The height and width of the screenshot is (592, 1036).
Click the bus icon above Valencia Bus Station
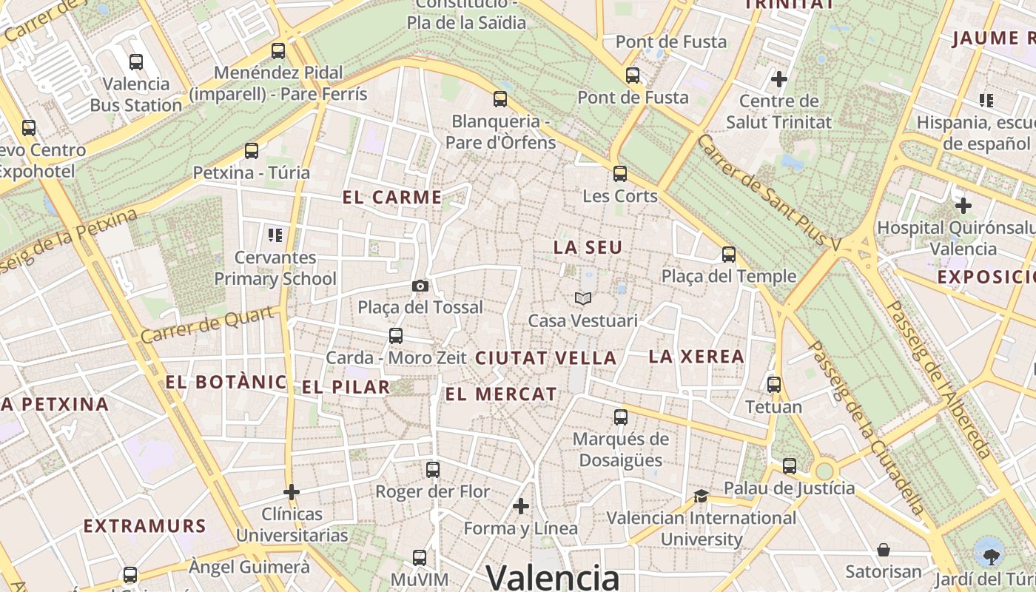136,62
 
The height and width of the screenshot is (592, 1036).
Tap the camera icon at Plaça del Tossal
420,286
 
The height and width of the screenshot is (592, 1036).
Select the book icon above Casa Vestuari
583,298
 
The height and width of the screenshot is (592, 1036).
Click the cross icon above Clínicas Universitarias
292,491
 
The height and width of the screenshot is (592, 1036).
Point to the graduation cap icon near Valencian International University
701,496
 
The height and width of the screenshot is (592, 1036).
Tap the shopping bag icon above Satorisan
884,550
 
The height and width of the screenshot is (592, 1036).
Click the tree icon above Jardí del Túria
989,553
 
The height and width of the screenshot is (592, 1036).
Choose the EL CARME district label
392,198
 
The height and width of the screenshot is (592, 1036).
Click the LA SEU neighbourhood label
588,248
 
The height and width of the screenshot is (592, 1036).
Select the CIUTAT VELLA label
545,358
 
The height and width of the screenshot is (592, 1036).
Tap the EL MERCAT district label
500,394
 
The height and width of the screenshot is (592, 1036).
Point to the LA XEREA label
696,357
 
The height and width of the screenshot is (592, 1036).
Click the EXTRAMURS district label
144,526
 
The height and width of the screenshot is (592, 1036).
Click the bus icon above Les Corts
620,174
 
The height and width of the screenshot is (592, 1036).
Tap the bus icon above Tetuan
774,385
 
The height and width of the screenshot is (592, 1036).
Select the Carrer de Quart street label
207,325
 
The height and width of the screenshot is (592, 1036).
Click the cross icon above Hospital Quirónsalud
963,205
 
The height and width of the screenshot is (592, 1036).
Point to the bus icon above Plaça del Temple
729,255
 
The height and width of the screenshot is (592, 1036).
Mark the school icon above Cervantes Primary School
275,236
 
